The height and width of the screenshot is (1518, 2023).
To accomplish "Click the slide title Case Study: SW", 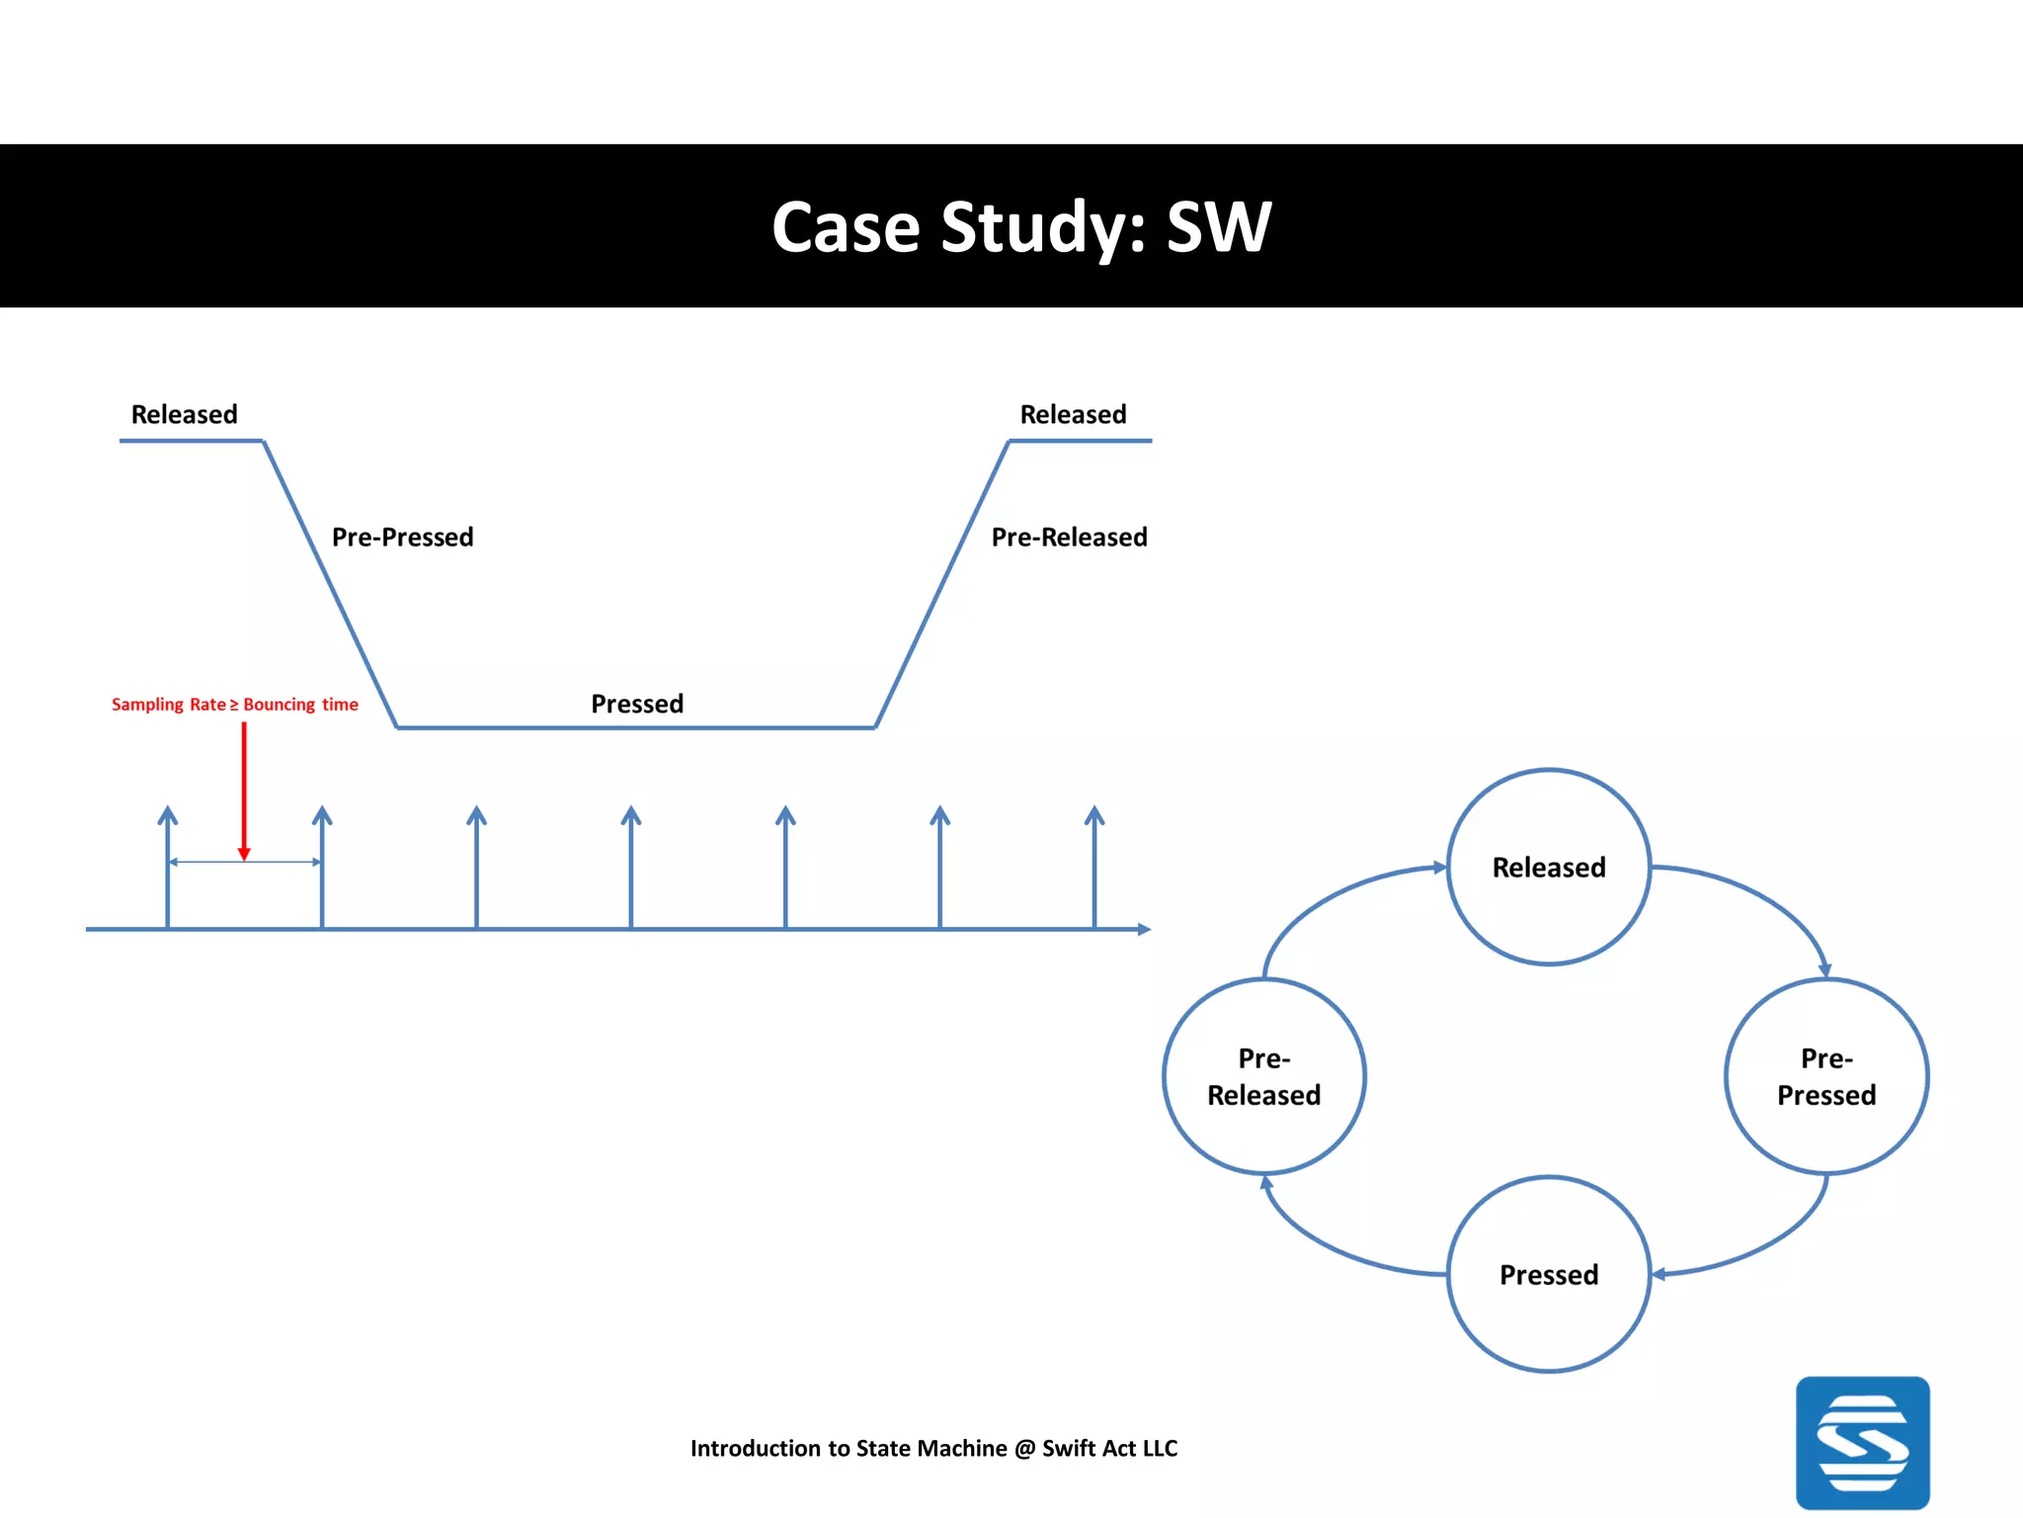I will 1020,228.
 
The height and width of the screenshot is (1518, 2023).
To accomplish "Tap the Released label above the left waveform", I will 185,414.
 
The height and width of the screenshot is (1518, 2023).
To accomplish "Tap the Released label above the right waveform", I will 1073,414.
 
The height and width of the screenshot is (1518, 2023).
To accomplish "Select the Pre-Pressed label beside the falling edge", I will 402,537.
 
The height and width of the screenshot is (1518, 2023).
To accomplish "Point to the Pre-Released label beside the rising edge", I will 1069,537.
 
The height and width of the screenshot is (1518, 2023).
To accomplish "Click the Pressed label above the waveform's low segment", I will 637,704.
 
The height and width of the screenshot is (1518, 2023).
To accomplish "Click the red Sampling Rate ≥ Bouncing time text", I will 234,705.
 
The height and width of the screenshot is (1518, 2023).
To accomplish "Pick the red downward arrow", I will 244,791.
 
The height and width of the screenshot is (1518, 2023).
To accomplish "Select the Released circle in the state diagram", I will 1548,867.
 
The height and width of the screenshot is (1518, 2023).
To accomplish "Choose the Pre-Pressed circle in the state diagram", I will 1825,1076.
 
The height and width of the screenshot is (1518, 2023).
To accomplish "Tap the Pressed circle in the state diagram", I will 1548,1274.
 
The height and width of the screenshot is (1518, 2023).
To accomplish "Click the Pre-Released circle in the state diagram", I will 1263,1076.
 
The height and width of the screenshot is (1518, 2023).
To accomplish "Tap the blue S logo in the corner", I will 1862,1443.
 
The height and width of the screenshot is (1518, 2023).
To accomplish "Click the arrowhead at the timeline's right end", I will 1144,929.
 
